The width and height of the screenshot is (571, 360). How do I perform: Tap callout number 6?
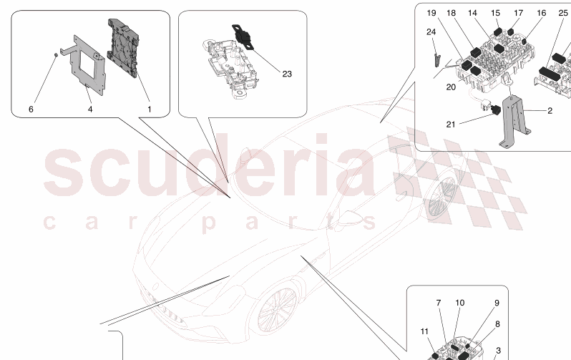[x=31, y=110]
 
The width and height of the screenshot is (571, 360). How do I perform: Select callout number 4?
[x=90, y=110]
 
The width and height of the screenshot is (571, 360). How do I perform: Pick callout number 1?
[x=150, y=110]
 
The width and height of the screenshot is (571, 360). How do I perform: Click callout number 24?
[x=431, y=33]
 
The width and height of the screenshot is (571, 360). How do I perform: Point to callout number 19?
[x=451, y=14]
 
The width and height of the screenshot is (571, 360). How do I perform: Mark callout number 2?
[x=550, y=111]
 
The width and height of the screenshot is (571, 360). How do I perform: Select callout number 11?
[x=424, y=331]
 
